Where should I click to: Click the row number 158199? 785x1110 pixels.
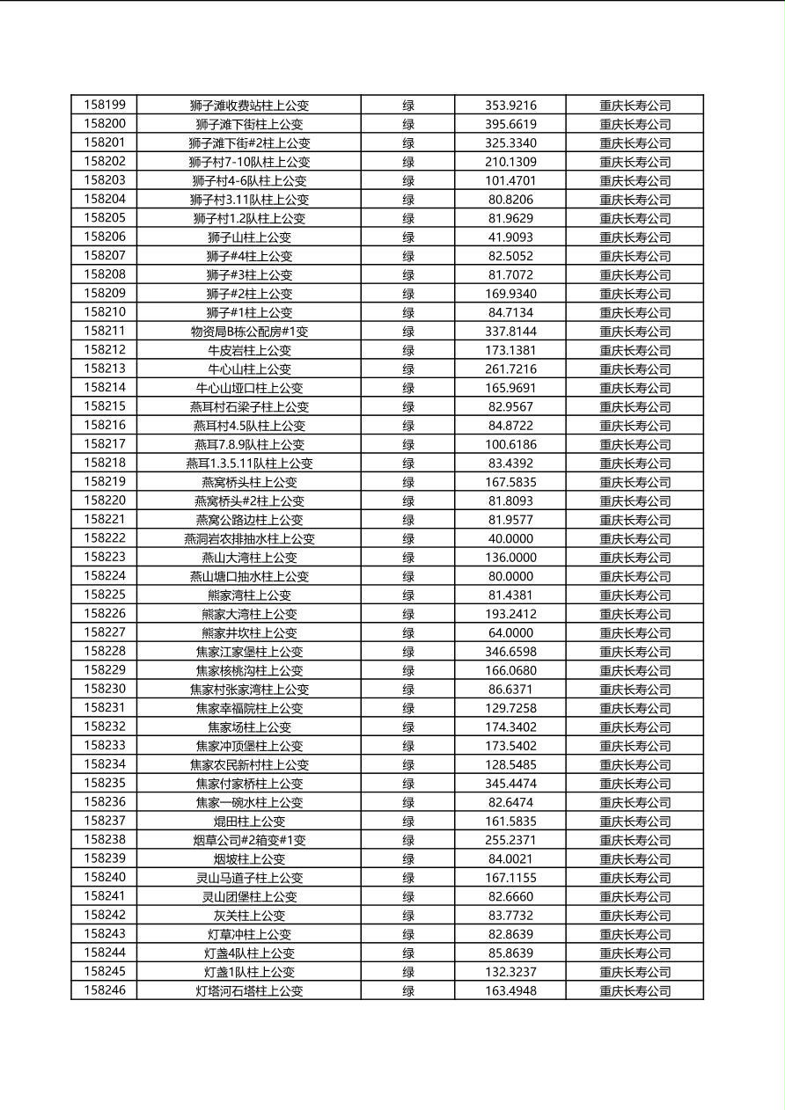click(x=105, y=105)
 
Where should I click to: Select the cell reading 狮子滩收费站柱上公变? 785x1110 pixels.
click(x=249, y=106)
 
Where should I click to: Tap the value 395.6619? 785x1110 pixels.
click(x=510, y=124)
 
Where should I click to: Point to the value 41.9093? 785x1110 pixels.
click(x=510, y=237)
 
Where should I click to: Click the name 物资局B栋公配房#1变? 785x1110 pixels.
click(x=249, y=332)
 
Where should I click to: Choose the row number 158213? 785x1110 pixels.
click(x=105, y=369)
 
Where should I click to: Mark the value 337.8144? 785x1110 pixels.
click(x=510, y=332)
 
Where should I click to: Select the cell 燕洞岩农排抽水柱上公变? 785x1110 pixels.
click(x=249, y=538)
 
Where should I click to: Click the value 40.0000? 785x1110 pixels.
click(x=510, y=538)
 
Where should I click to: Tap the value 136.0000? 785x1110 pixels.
click(x=510, y=558)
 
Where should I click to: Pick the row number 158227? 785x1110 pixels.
click(x=105, y=632)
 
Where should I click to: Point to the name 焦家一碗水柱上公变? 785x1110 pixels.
click(x=249, y=802)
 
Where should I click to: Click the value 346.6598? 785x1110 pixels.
click(x=510, y=652)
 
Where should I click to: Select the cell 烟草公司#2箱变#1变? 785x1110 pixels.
click(x=249, y=840)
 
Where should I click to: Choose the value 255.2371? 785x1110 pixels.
click(x=510, y=840)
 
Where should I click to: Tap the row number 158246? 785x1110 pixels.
click(x=105, y=990)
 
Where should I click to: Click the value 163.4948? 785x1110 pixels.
click(x=510, y=991)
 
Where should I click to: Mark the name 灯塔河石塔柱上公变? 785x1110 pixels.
click(x=249, y=991)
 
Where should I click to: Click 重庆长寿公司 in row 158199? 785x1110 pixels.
click(x=635, y=106)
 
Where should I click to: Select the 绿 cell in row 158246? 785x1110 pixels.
click(x=408, y=991)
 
